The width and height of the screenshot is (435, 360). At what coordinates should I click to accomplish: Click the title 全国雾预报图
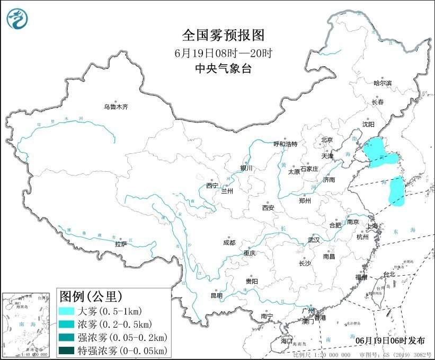click(x=223, y=36)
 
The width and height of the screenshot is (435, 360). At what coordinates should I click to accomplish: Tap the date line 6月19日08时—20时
click(x=223, y=53)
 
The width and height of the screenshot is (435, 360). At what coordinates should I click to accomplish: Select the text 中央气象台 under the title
click(x=223, y=68)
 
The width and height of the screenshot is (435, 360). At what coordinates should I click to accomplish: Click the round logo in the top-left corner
click(x=17, y=19)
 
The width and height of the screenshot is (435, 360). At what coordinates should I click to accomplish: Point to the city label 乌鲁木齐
click(x=116, y=107)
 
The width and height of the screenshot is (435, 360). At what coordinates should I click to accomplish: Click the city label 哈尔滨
click(x=382, y=83)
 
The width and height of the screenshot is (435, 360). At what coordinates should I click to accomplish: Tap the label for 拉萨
click(x=121, y=244)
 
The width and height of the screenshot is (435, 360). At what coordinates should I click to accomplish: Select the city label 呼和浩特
click(x=286, y=144)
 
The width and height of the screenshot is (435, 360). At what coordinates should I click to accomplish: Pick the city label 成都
click(x=229, y=243)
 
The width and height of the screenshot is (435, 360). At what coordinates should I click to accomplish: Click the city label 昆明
click(x=217, y=295)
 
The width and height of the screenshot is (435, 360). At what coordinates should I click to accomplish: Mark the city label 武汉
click(x=314, y=240)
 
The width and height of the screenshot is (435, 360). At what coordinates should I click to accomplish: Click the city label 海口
click(x=287, y=340)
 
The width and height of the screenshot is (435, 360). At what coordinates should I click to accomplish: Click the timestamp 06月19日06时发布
click(x=389, y=340)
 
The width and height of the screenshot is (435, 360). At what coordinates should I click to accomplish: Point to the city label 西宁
click(x=212, y=186)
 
